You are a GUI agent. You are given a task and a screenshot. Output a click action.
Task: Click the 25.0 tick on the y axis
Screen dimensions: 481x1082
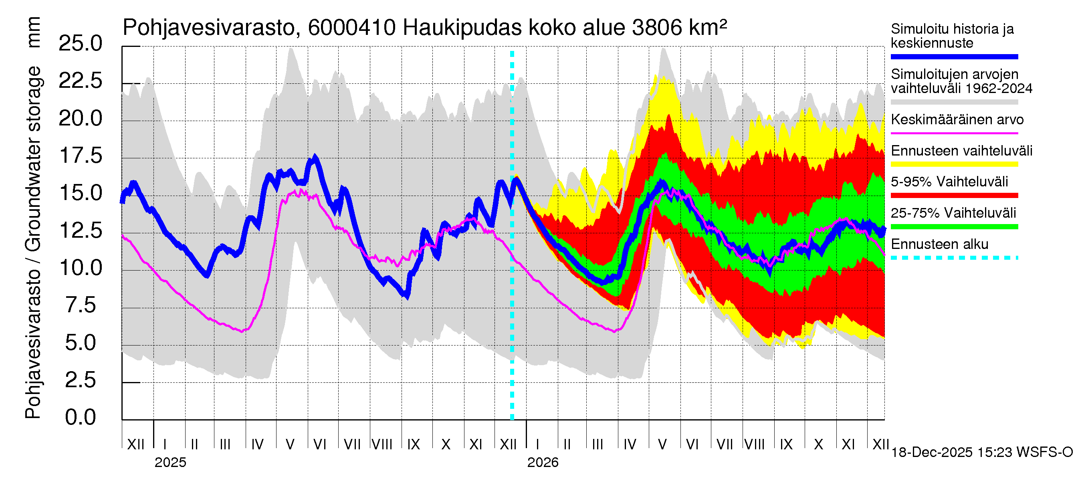point(80,44)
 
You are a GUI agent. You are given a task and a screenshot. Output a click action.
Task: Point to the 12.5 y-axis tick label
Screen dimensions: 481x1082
point(80,230)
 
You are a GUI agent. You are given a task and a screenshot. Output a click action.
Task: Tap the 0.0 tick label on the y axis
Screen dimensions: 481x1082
point(80,418)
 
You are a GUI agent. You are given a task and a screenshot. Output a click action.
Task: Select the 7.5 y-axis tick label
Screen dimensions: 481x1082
point(80,305)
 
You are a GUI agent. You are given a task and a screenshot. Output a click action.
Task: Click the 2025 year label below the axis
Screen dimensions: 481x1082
point(170,463)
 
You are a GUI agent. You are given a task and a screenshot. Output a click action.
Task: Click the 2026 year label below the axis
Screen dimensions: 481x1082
point(543,463)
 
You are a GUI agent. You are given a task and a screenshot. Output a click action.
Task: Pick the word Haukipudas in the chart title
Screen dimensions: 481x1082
point(462,28)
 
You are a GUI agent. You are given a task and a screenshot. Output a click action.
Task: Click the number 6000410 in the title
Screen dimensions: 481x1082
point(351,28)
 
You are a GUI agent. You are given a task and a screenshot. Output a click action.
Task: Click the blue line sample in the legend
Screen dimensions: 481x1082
point(954,57)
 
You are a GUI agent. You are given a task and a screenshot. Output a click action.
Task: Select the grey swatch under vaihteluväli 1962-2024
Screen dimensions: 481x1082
point(954,102)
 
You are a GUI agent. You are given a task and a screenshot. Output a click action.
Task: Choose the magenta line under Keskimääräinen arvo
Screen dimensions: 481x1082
point(954,133)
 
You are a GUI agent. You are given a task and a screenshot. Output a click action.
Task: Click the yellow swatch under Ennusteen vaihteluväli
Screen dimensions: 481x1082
point(954,164)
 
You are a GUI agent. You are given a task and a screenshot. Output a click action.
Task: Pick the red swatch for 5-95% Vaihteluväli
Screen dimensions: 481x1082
point(954,195)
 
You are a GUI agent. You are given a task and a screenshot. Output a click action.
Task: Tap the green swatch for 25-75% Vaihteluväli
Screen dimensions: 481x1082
point(954,227)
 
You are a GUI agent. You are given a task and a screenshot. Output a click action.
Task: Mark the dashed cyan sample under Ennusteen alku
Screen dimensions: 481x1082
point(954,257)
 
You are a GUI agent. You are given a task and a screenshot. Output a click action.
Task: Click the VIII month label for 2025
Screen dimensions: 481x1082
point(382,445)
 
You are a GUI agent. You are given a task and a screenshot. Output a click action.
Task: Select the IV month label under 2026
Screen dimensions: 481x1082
point(630,445)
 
